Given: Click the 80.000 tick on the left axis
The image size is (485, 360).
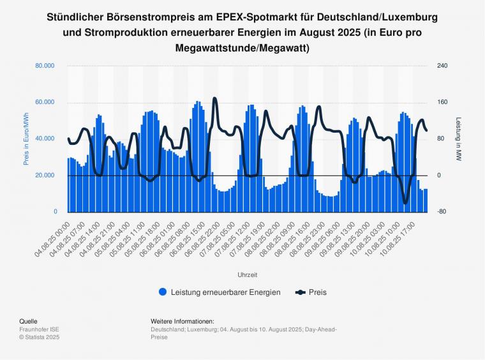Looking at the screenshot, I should (x=44, y=66).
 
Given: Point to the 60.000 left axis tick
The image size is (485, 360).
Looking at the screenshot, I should (x=44, y=102).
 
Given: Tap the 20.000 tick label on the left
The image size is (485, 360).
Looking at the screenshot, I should (x=44, y=176).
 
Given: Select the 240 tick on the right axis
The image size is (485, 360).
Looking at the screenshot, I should (x=442, y=66).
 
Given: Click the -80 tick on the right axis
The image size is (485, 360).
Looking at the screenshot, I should (x=441, y=212).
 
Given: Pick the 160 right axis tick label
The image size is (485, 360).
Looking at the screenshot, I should (x=442, y=102).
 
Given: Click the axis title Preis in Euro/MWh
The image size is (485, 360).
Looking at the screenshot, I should (x=26, y=139).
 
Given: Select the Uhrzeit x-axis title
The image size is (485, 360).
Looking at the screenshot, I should (x=247, y=274).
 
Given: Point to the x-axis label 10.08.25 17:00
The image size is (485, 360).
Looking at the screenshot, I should (x=405, y=236).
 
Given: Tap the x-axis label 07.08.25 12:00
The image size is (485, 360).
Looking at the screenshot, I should (x=235, y=236).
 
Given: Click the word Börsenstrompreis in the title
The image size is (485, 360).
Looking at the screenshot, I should (x=126, y=17).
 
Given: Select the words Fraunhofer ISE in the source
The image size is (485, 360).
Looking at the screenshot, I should (x=39, y=329).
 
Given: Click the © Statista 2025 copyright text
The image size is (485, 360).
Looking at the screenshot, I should (x=40, y=337).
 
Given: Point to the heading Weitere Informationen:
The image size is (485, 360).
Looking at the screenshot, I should (x=183, y=321).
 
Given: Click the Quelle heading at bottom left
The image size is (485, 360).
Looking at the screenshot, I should (x=29, y=321).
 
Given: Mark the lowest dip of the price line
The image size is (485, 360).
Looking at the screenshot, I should (x=405, y=203).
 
